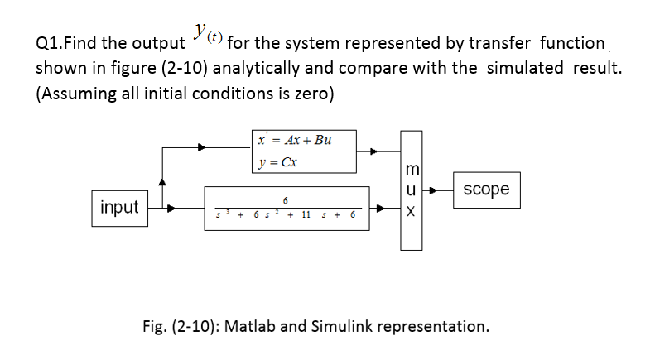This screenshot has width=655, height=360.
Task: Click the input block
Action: coord(119,207)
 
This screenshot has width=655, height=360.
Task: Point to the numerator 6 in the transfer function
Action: coord(285,200)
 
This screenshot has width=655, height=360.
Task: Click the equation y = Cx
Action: coord(277,161)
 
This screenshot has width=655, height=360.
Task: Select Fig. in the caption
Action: coord(157,325)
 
